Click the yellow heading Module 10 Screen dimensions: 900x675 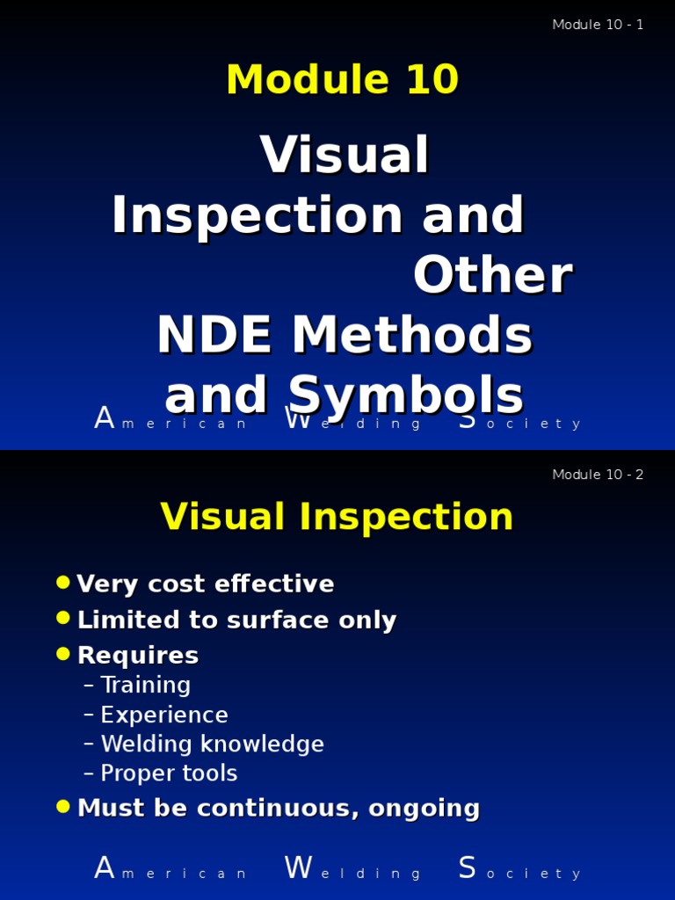342,81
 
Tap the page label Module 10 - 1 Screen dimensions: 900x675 598,25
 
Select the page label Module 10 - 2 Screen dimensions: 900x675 598,475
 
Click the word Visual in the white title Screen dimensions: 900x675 345,156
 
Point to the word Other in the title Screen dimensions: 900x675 492,276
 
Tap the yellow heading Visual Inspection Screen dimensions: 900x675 337,517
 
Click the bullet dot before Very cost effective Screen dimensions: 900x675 62,582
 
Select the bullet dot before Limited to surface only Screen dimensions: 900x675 62,618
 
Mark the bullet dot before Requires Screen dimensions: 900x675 62,653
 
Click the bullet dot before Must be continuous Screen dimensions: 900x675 62,806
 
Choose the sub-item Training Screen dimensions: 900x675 145,686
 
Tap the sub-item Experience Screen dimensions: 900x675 164,715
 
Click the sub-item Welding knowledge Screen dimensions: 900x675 212,744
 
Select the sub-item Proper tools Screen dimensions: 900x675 169,773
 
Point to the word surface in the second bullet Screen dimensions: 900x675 266,621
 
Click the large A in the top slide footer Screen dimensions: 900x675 105,419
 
